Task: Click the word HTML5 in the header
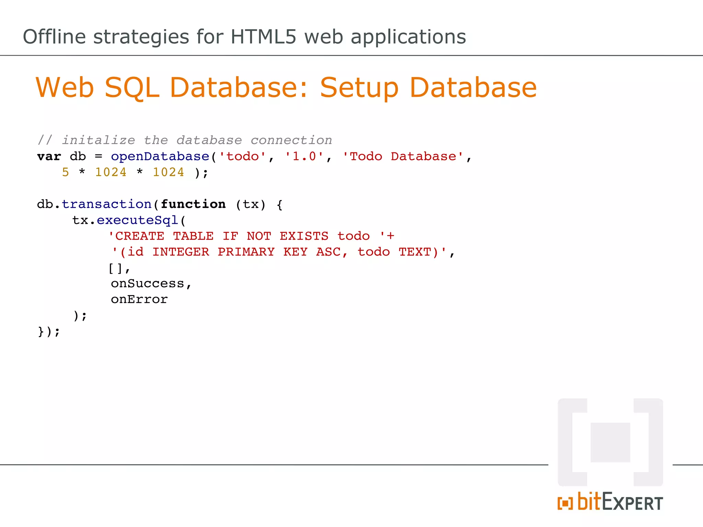click(x=263, y=37)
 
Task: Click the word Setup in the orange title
click(x=359, y=88)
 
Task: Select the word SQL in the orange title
click(x=132, y=88)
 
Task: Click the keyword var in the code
click(x=49, y=156)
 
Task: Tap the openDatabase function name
click(x=160, y=156)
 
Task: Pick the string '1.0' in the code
click(x=304, y=156)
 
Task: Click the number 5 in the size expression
click(x=66, y=172)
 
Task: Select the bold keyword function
click(x=193, y=204)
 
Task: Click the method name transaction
click(x=106, y=204)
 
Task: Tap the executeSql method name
click(x=137, y=220)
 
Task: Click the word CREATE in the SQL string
click(x=139, y=236)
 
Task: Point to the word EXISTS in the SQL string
click(x=304, y=236)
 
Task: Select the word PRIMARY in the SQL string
click(x=246, y=252)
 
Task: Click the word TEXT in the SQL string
click(x=415, y=252)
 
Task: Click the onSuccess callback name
click(x=148, y=283)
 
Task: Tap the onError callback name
click(x=139, y=300)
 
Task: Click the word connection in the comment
click(x=291, y=140)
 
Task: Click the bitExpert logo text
click(x=620, y=502)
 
